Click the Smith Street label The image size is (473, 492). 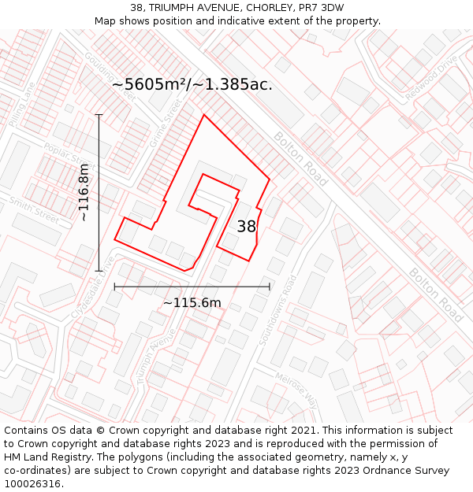click(x=34, y=209)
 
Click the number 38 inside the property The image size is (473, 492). click(x=247, y=227)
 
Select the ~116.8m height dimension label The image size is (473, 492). click(x=84, y=193)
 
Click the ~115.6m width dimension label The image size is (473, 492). click(x=192, y=302)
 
